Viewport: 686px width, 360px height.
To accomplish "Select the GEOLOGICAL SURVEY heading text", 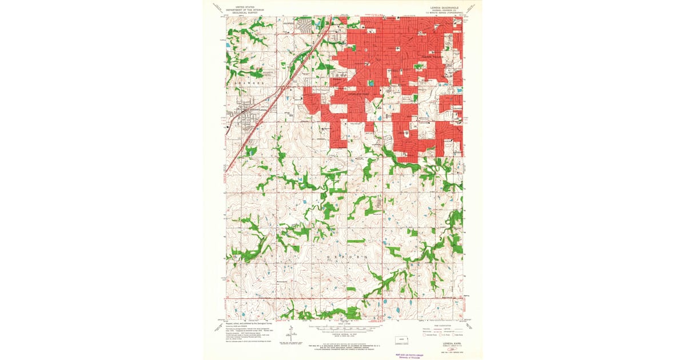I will (241, 13).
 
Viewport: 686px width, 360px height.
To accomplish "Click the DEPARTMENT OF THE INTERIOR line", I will (241, 10).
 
